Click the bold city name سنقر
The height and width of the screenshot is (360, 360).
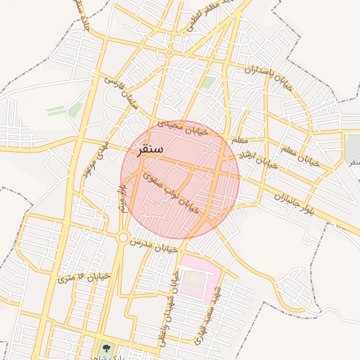click(146, 149)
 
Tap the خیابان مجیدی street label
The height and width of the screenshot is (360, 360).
click(183, 130)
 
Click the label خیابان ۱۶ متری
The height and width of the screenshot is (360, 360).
click(84, 277)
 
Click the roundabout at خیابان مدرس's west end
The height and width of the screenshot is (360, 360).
click(123, 238)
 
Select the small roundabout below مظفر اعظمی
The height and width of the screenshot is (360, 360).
click(169, 53)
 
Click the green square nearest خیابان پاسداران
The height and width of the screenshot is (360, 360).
click(207, 83)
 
